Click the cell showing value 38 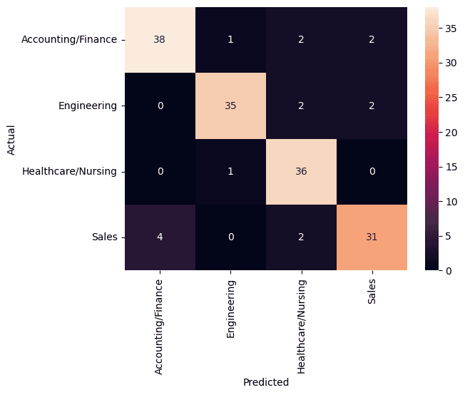coord(160,40)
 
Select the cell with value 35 coord(230,106)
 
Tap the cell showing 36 coord(301,172)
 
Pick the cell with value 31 coord(371,237)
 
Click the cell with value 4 coord(160,237)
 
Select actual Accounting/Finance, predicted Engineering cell coord(230,40)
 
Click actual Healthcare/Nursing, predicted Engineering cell coord(230,172)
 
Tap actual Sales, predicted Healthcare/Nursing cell coord(301,237)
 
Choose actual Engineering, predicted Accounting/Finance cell coord(160,106)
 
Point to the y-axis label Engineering coord(88,106)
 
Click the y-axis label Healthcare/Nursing coord(70,172)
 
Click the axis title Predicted coord(265,382)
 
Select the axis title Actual coord(11,139)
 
